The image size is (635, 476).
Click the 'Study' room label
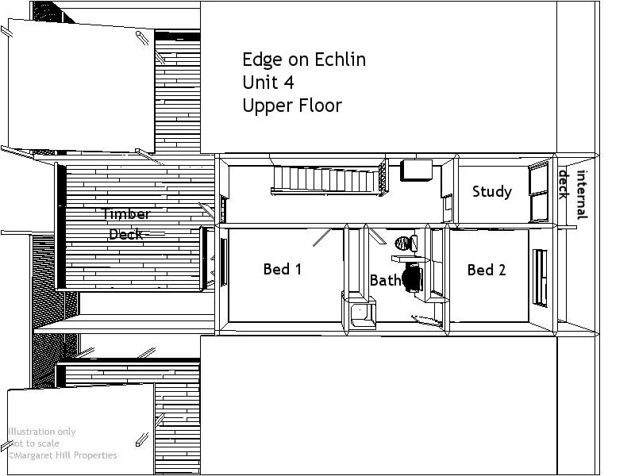click(491, 191)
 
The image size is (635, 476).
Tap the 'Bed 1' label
click(283, 269)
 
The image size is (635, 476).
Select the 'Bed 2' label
click(487, 270)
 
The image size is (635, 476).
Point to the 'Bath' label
click(385, 280)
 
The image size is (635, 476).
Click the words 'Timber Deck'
click(126, 224)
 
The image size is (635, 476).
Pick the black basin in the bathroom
click(412, 278)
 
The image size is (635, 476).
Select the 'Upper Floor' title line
click(292, 106)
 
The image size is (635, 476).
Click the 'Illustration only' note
click(42, 432)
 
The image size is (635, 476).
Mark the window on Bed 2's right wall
click(541, 277)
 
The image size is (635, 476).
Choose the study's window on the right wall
click(539, 191)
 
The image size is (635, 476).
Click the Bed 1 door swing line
click(322, 237)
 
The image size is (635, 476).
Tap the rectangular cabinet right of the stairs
click(417, 171)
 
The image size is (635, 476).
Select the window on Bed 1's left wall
click(223, 262)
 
